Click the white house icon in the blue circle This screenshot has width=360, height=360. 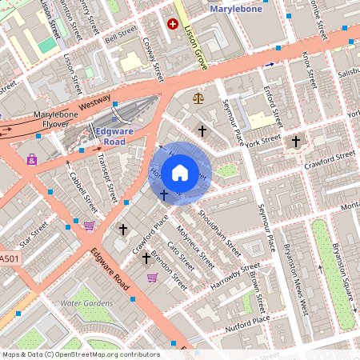pyautogui.click(x=180, y=172)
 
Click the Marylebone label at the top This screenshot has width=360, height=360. pyautogui.click(x=236, y=9)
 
